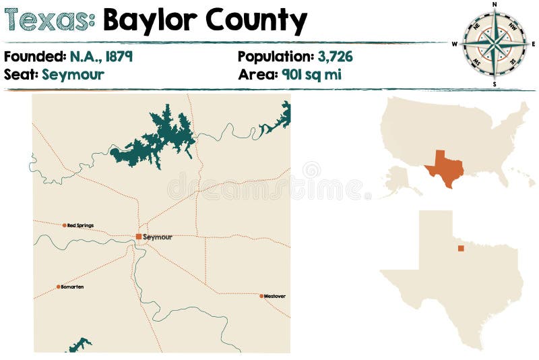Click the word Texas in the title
(x=49, y=21)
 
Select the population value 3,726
(x=335, y=57)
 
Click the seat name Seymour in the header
(x=73, y=74)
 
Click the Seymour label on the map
(x=158, y=237)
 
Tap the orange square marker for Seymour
(x=139, y=237)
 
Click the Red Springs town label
(x=81, y=225)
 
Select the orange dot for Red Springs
(x=65, y=225)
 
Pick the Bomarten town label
(x=72, y=287)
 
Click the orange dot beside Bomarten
(x=59, y=287)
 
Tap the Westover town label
(x=275, y=296)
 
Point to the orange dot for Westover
(x=261, y=296)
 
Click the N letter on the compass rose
(x=495, y=5)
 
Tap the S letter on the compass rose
(x=495, y=84)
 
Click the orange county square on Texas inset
(x=461, y=248)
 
